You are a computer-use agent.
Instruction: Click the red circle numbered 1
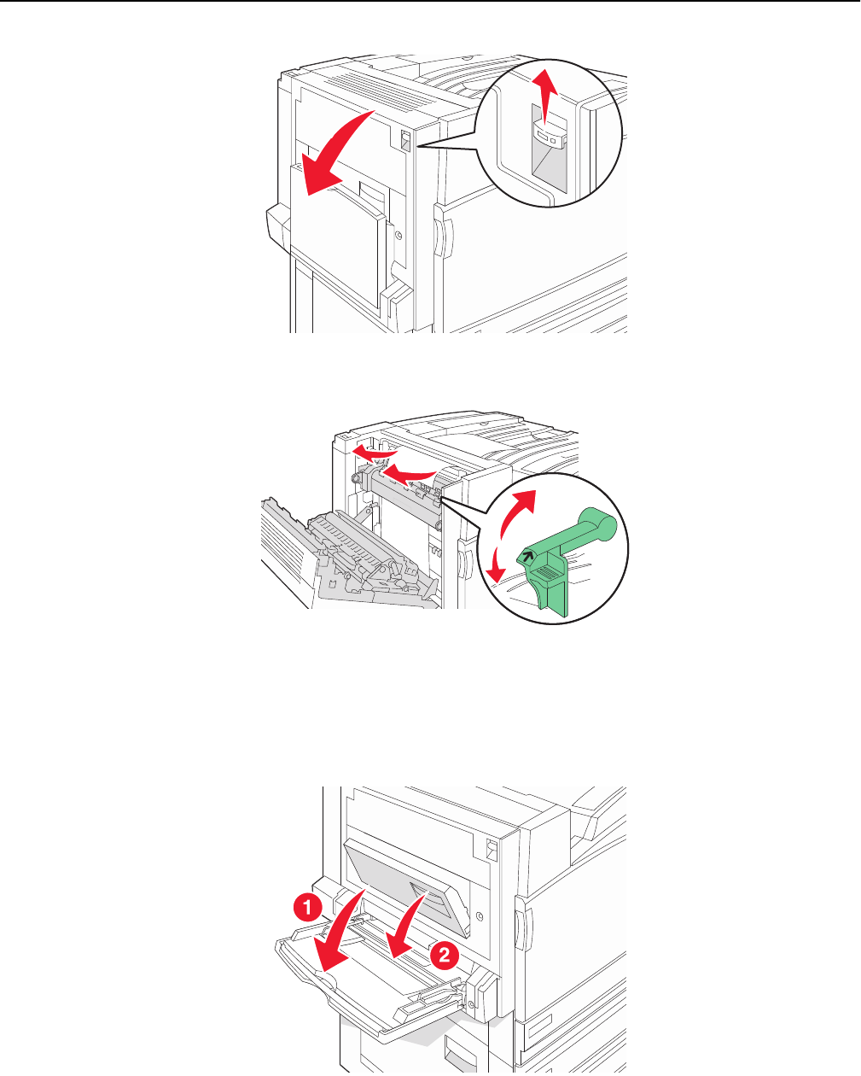(x=307, y=907)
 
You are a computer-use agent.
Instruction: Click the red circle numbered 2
(x=444, y=956)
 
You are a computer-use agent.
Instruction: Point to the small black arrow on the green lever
(x=527, y=554)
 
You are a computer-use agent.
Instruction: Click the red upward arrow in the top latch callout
(x=544, y=96)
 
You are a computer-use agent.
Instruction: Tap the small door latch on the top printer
(x=405, y=141)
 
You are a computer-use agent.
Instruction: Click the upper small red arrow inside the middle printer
(x=374, y=453)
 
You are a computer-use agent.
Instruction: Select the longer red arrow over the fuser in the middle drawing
(x=407, y=475)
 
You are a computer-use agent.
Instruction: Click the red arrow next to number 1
(x=340, y=934)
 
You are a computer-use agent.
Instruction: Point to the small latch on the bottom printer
(x=492, y=850)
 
